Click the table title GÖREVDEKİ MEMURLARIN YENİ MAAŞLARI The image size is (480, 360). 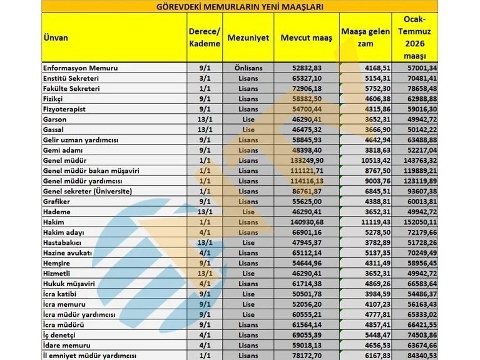(x=240, y=7)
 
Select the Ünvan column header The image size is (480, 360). (x=56, y=38)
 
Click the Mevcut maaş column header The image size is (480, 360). (x=307, y=38)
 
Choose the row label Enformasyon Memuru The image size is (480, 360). (x=80, y=68)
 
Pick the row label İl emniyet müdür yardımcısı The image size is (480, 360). (x=89, y=356)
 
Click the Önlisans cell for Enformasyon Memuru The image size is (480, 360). (x=249, y=68)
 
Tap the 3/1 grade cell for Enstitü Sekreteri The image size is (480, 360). (x=204, y=78)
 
